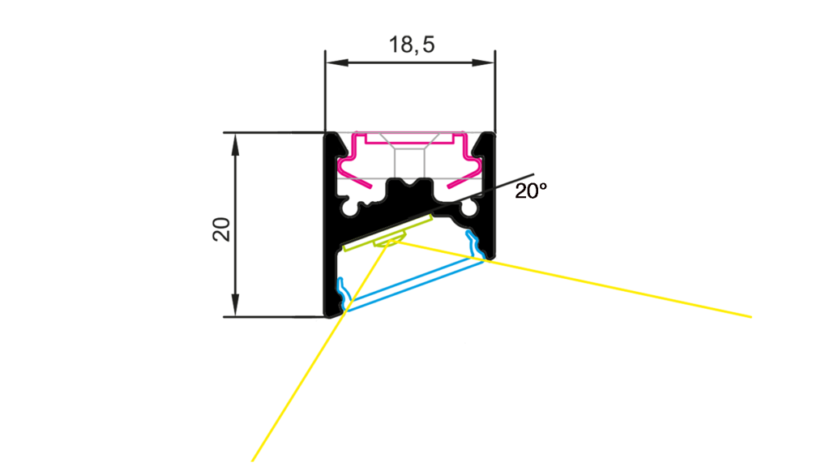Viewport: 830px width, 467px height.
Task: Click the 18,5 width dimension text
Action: [x=412, y=45]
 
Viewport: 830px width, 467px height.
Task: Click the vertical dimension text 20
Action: [x=222, y=229]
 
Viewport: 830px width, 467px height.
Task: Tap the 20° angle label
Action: [x=531, y=191]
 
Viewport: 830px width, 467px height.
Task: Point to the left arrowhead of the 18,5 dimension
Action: [x=336, y=62]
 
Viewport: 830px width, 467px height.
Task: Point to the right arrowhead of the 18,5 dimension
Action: [x=483, y=62]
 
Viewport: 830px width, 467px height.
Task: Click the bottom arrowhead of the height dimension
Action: [x=235, y=306]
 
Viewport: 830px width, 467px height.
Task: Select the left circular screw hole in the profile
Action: [x=349, y=208]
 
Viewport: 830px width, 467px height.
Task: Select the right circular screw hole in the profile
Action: [x=469, y=208]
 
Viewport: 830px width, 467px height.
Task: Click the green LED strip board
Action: [x=388, y=232]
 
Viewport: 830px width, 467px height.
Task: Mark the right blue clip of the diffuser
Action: [x=475, y=245]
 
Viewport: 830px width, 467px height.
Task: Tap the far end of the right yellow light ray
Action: [x=751, y=317]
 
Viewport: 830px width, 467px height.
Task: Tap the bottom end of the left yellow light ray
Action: [x=253, y=461]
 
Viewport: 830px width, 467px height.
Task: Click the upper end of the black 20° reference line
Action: [x=533, y=174]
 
